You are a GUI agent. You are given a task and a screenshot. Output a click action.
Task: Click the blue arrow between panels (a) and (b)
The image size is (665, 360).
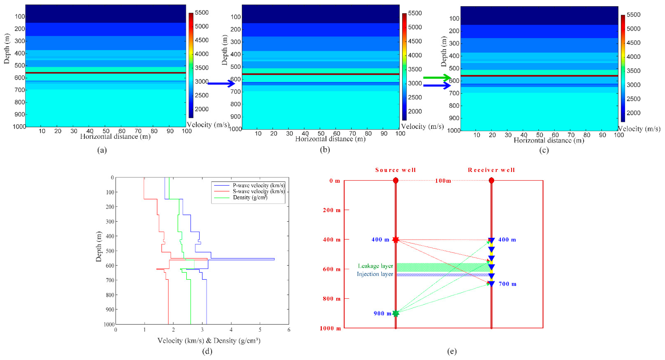pos(221,83)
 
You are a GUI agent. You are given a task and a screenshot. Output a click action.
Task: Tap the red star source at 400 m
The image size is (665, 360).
pos(396,240)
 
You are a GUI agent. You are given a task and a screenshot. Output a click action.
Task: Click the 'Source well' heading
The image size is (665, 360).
pos(396,170)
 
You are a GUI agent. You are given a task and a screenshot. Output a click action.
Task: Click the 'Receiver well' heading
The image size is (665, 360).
pos(491,170)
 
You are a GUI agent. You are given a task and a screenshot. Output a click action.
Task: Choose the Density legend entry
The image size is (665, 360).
pos(250,198)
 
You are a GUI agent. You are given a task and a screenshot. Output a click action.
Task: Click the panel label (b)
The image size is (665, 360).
pos(325,150)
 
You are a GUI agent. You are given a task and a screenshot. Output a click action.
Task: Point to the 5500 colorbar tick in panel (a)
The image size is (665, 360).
pos(202,13)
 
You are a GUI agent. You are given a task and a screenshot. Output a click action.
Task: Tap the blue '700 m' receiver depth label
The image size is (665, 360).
pos(508,284)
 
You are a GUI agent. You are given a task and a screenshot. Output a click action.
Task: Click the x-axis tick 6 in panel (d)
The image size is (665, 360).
pos(289,330)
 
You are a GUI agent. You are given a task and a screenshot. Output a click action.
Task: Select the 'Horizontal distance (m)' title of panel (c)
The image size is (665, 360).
pos(549,140)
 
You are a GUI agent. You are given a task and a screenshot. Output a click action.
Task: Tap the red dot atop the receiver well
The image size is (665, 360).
pos(491,180)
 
